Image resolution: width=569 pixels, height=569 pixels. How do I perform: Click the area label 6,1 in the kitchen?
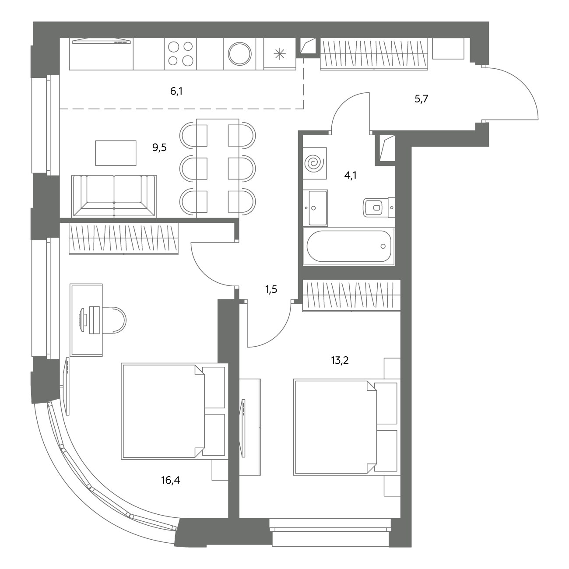pyautogui.click(x=176, y=91)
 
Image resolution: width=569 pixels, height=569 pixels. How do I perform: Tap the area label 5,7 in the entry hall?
pyautogui.click(x=421, y=99)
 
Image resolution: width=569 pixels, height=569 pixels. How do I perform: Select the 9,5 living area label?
pyautogui.click(x=159, y=148)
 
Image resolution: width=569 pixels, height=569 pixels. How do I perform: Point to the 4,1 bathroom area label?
pyautogui.click(x=351, y=176)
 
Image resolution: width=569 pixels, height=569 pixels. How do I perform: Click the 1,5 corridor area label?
pyautogui.click(x=271, y=290)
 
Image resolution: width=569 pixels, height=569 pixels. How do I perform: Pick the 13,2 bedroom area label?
pyautogui.click(x=340, y=361)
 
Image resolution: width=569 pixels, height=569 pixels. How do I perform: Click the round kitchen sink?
pyautogui.click(x=240, y=54)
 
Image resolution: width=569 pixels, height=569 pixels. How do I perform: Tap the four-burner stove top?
pyautogui.click(x=180, y=54)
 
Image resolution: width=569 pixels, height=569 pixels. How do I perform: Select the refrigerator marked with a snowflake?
pyautogui.click(x=280, y=54)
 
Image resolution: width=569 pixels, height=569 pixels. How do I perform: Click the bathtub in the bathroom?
pyautogui.click(x=349, y=246)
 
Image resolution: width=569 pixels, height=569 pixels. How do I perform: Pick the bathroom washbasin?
pyautogui.click(x=315, y=208)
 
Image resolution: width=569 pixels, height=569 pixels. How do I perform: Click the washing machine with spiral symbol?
pyautogui.click(x=315, y=163)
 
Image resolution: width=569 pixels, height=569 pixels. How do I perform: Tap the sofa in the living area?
pyautogui.click(x=114, y=197)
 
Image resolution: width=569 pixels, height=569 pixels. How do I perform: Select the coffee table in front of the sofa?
pyautogui.click(x=116, y=153)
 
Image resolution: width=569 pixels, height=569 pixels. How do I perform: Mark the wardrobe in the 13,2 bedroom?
pyautogui.click(x=351, y=295)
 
